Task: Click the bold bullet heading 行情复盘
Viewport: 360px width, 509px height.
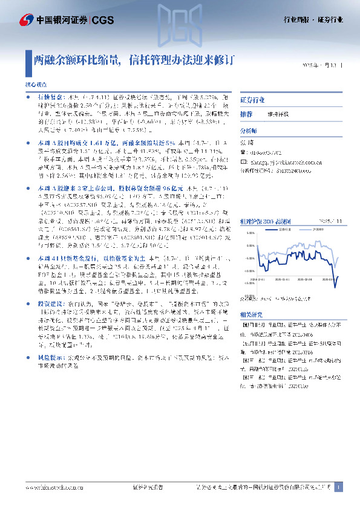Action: [x=48, y=97]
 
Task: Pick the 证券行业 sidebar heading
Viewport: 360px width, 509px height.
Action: [x=252, y=99]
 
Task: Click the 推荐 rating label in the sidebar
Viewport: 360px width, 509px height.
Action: [x=246, y=114]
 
